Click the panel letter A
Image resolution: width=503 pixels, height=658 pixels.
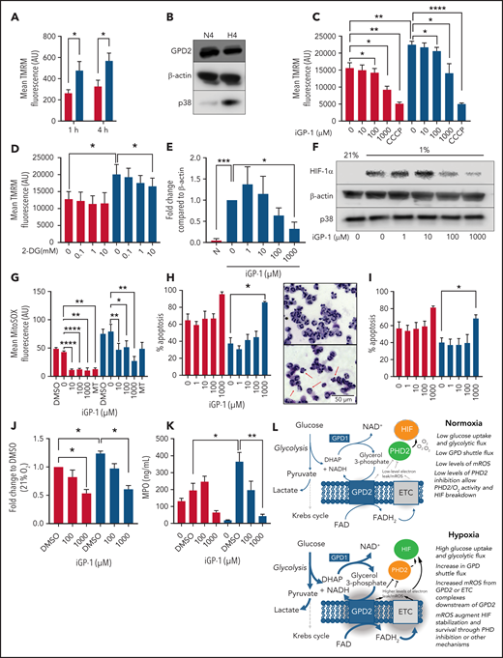8,9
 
